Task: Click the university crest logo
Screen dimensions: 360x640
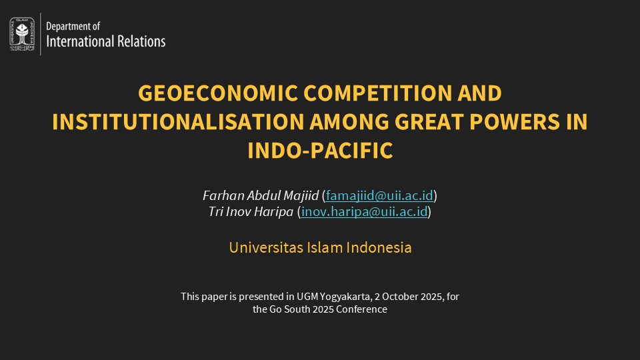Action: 22,33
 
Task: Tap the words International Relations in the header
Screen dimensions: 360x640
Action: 105,41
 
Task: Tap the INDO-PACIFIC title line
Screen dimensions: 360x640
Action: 320,151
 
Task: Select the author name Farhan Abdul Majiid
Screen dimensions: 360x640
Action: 261,196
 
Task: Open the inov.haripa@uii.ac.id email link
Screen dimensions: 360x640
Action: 364,212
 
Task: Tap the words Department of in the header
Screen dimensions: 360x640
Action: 73,27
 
